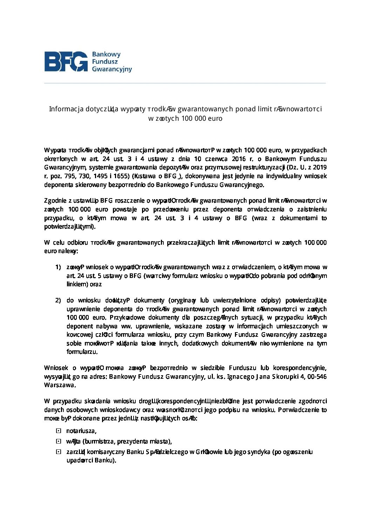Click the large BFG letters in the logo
tap(66, 62)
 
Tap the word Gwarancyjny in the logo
tap(112, 69)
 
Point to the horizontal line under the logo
tap(185, 83)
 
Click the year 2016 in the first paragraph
tap(238, 159)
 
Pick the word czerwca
tap(216, 159)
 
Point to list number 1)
tap(58, 267)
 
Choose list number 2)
tap(58, 300)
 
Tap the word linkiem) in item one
tap(77, 284)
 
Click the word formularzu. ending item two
tap(82, 352)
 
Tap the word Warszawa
tap(60, 385)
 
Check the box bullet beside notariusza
tap(59, 431)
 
